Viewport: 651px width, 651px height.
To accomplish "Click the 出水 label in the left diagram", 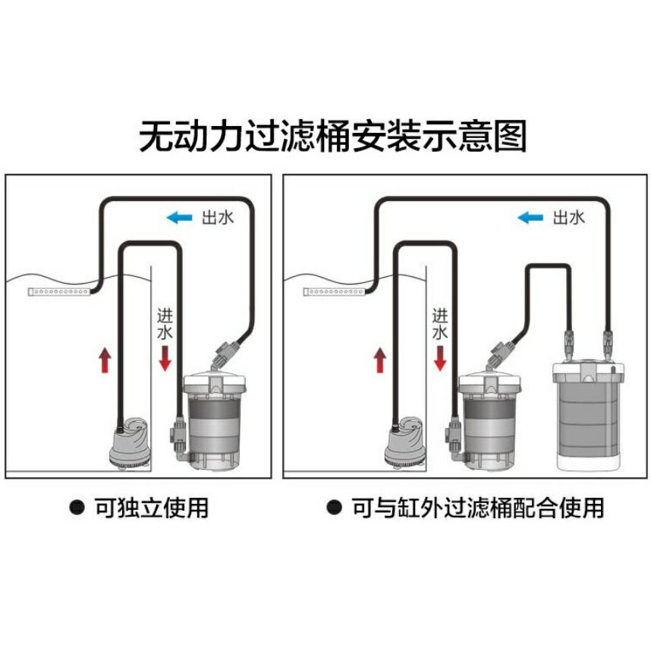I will coord(217,219).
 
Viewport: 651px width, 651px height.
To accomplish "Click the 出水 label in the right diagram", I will coord(568,219).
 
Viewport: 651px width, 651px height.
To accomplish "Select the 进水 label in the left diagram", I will coord(165,323).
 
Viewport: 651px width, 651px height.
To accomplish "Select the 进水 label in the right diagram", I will coord(440,323).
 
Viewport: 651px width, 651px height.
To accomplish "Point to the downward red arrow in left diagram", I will coord(165,357).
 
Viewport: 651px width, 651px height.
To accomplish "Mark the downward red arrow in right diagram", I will coord(440,357).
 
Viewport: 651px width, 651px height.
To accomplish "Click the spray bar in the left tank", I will coord(59,291).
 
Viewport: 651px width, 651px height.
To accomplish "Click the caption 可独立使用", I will coord(151,507).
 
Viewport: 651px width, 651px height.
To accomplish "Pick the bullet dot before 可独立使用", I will coord(77,507).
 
